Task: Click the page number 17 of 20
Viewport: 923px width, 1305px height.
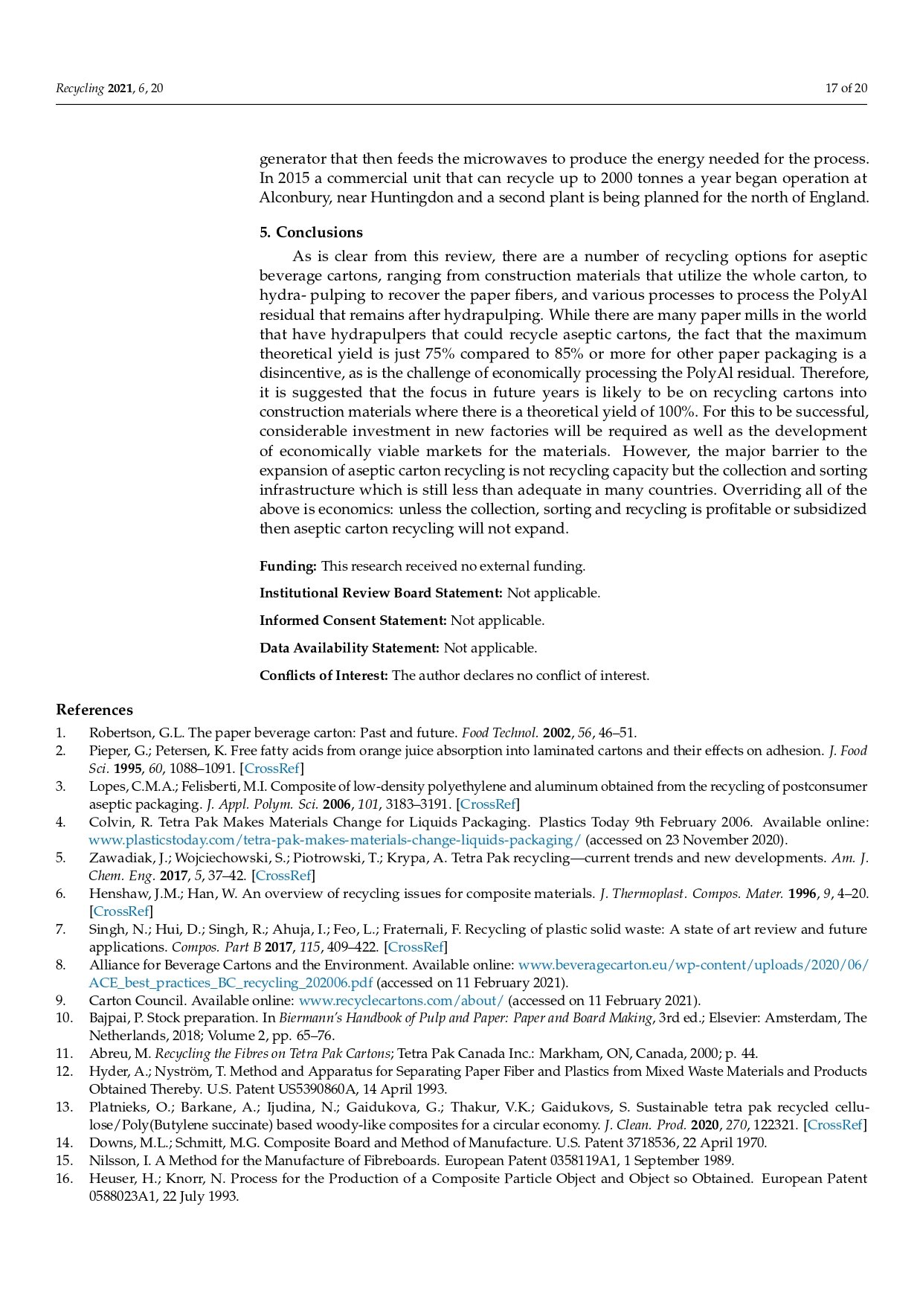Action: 846,89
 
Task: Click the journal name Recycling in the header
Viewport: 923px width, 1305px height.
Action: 80,89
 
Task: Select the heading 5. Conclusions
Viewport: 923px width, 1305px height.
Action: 311,232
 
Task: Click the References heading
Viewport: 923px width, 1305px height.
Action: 94,710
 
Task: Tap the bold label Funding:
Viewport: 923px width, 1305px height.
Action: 288,566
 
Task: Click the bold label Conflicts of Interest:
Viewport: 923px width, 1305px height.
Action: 324,676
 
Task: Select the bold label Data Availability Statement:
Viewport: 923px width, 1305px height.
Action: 350,648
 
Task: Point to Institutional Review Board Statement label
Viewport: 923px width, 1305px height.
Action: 381,593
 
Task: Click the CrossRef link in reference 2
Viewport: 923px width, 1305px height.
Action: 271,769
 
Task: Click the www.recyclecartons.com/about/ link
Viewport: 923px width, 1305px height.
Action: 401,1000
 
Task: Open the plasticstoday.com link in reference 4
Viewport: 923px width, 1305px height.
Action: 335,840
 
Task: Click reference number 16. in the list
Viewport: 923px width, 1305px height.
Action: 64,1179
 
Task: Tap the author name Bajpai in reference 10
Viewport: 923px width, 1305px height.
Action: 109,1018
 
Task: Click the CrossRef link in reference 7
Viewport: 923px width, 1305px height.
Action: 416,947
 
